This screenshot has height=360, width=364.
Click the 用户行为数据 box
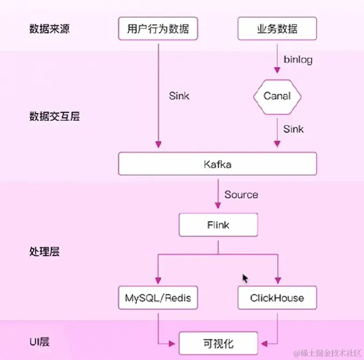click(x=158, y=29)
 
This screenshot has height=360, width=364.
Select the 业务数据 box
click(x=277, y=29)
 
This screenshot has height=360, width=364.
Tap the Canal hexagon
click(x=277, y=96)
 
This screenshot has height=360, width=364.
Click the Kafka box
click(x=218, y=164)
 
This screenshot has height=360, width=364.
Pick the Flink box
click(x=218, y=224)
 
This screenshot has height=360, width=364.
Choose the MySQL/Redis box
click(x=158, y=297)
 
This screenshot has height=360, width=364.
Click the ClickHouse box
click(x=277, y=297)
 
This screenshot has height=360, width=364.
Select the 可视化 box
click(x=218, y=343)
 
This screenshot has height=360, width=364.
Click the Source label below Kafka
click(x=241, y=195)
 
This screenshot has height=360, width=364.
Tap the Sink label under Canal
click(x=293, y=129)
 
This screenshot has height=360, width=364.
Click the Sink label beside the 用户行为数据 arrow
click(x=179, y=96)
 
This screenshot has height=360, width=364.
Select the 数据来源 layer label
click(x=50, y=29)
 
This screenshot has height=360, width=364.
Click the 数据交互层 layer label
click(x=54, y=116)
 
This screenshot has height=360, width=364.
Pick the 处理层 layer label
click(x=45, y=251)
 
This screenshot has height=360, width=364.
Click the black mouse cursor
click(x=245, y=278)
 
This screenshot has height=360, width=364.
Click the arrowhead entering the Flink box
click(x=218, y=205)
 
